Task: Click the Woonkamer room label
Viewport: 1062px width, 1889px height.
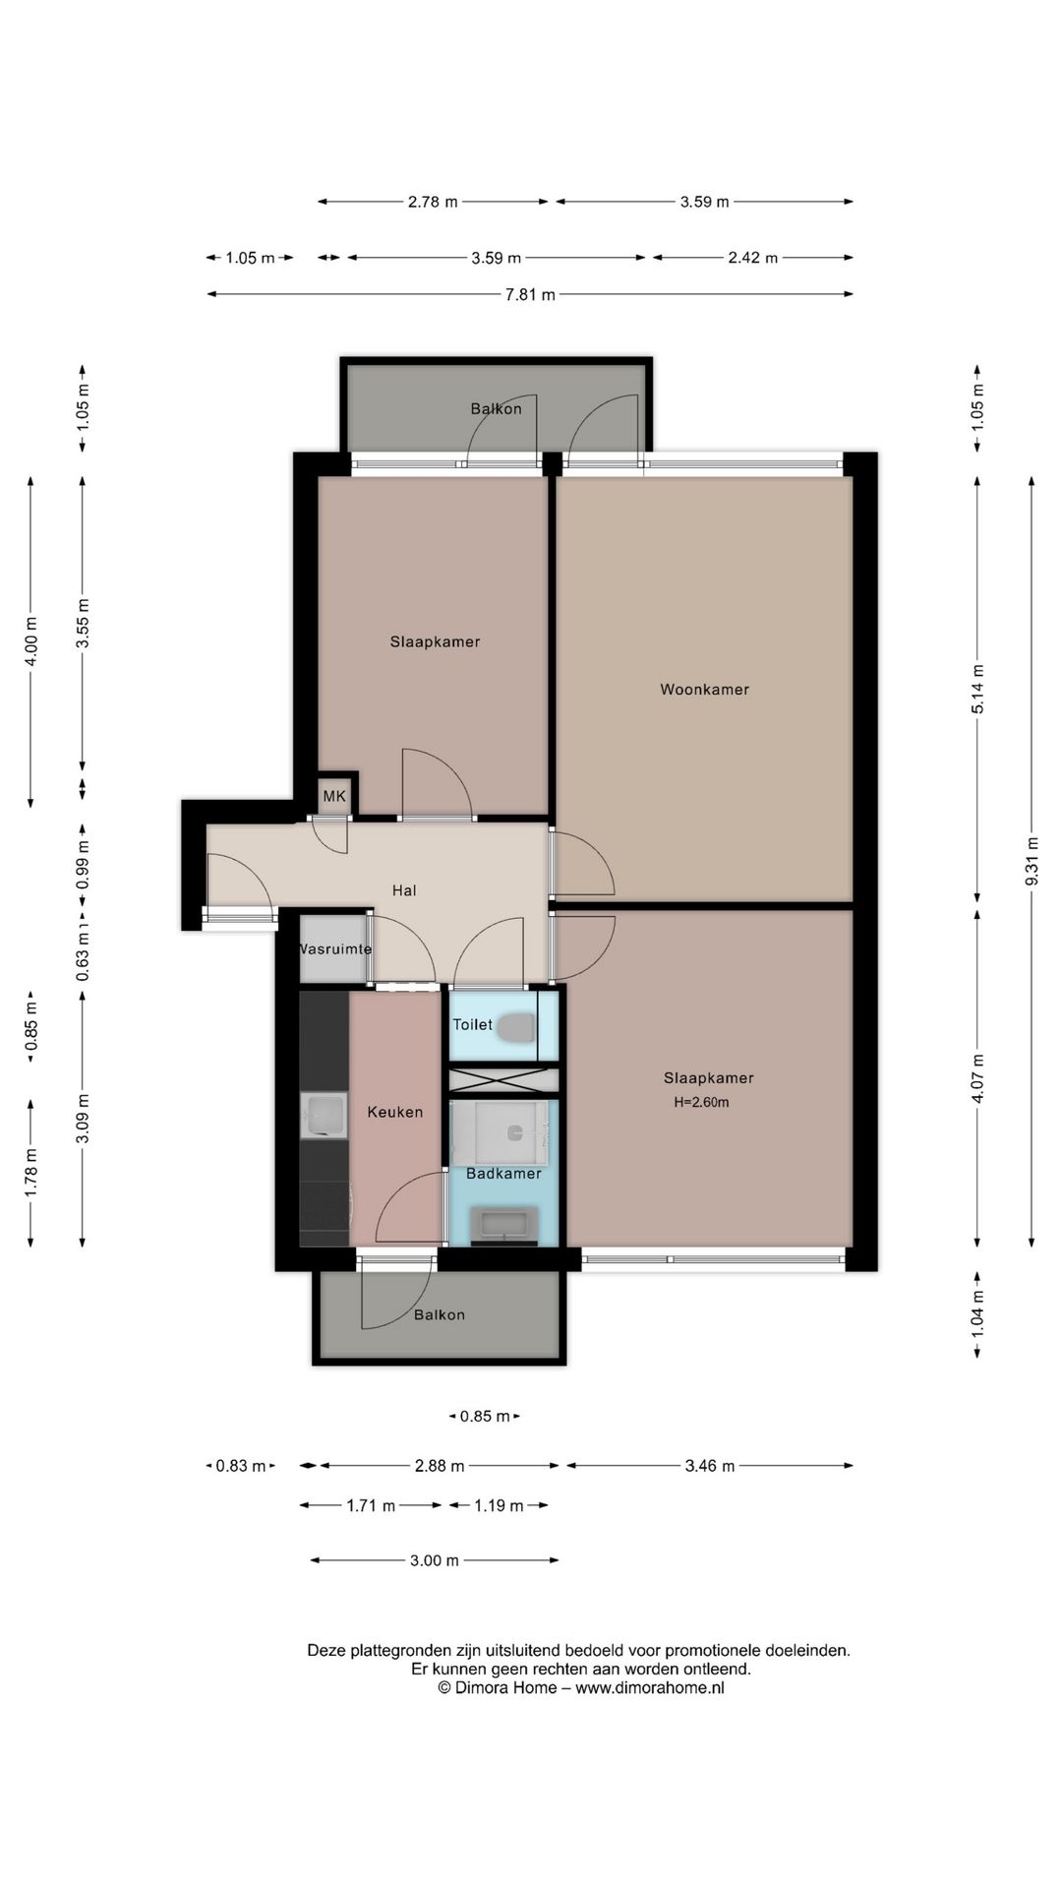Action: (x=704, y=690)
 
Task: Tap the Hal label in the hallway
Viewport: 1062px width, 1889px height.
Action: (x=404, y=890)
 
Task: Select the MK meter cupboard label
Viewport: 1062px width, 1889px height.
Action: (x=334, y=796)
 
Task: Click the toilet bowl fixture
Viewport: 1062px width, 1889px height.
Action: (x=516, y=1029)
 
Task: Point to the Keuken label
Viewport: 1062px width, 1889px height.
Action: (x=395, y=1112)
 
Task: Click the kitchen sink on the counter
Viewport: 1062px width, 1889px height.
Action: (x=324, y=1116)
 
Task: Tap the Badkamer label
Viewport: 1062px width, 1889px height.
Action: (x=503, y=1174)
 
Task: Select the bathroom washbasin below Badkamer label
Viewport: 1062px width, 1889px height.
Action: (x=503, y=1225)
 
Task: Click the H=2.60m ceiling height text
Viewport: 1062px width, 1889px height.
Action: (x=701, y=1103)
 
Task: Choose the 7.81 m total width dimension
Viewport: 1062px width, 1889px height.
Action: (x=530, y=294)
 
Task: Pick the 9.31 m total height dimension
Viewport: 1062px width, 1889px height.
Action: (x=1032, y=861)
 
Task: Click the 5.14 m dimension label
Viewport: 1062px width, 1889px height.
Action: (x=977, y=690)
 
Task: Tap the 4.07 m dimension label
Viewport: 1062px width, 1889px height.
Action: (x=977, y=1079)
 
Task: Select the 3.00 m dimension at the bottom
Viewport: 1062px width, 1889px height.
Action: (x=434, y=1560)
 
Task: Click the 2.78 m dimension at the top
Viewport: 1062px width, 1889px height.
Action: (x=433, y=202)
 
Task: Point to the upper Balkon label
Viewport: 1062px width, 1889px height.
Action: (x=496, y=409)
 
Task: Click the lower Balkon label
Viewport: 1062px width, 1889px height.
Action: (x=439, y=1314)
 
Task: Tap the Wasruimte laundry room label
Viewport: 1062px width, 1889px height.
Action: (x=335, y=949)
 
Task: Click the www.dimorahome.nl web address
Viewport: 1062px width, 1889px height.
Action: (x=650, y=1688)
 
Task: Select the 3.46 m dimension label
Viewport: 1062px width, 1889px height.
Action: (x=709, y=1466)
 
